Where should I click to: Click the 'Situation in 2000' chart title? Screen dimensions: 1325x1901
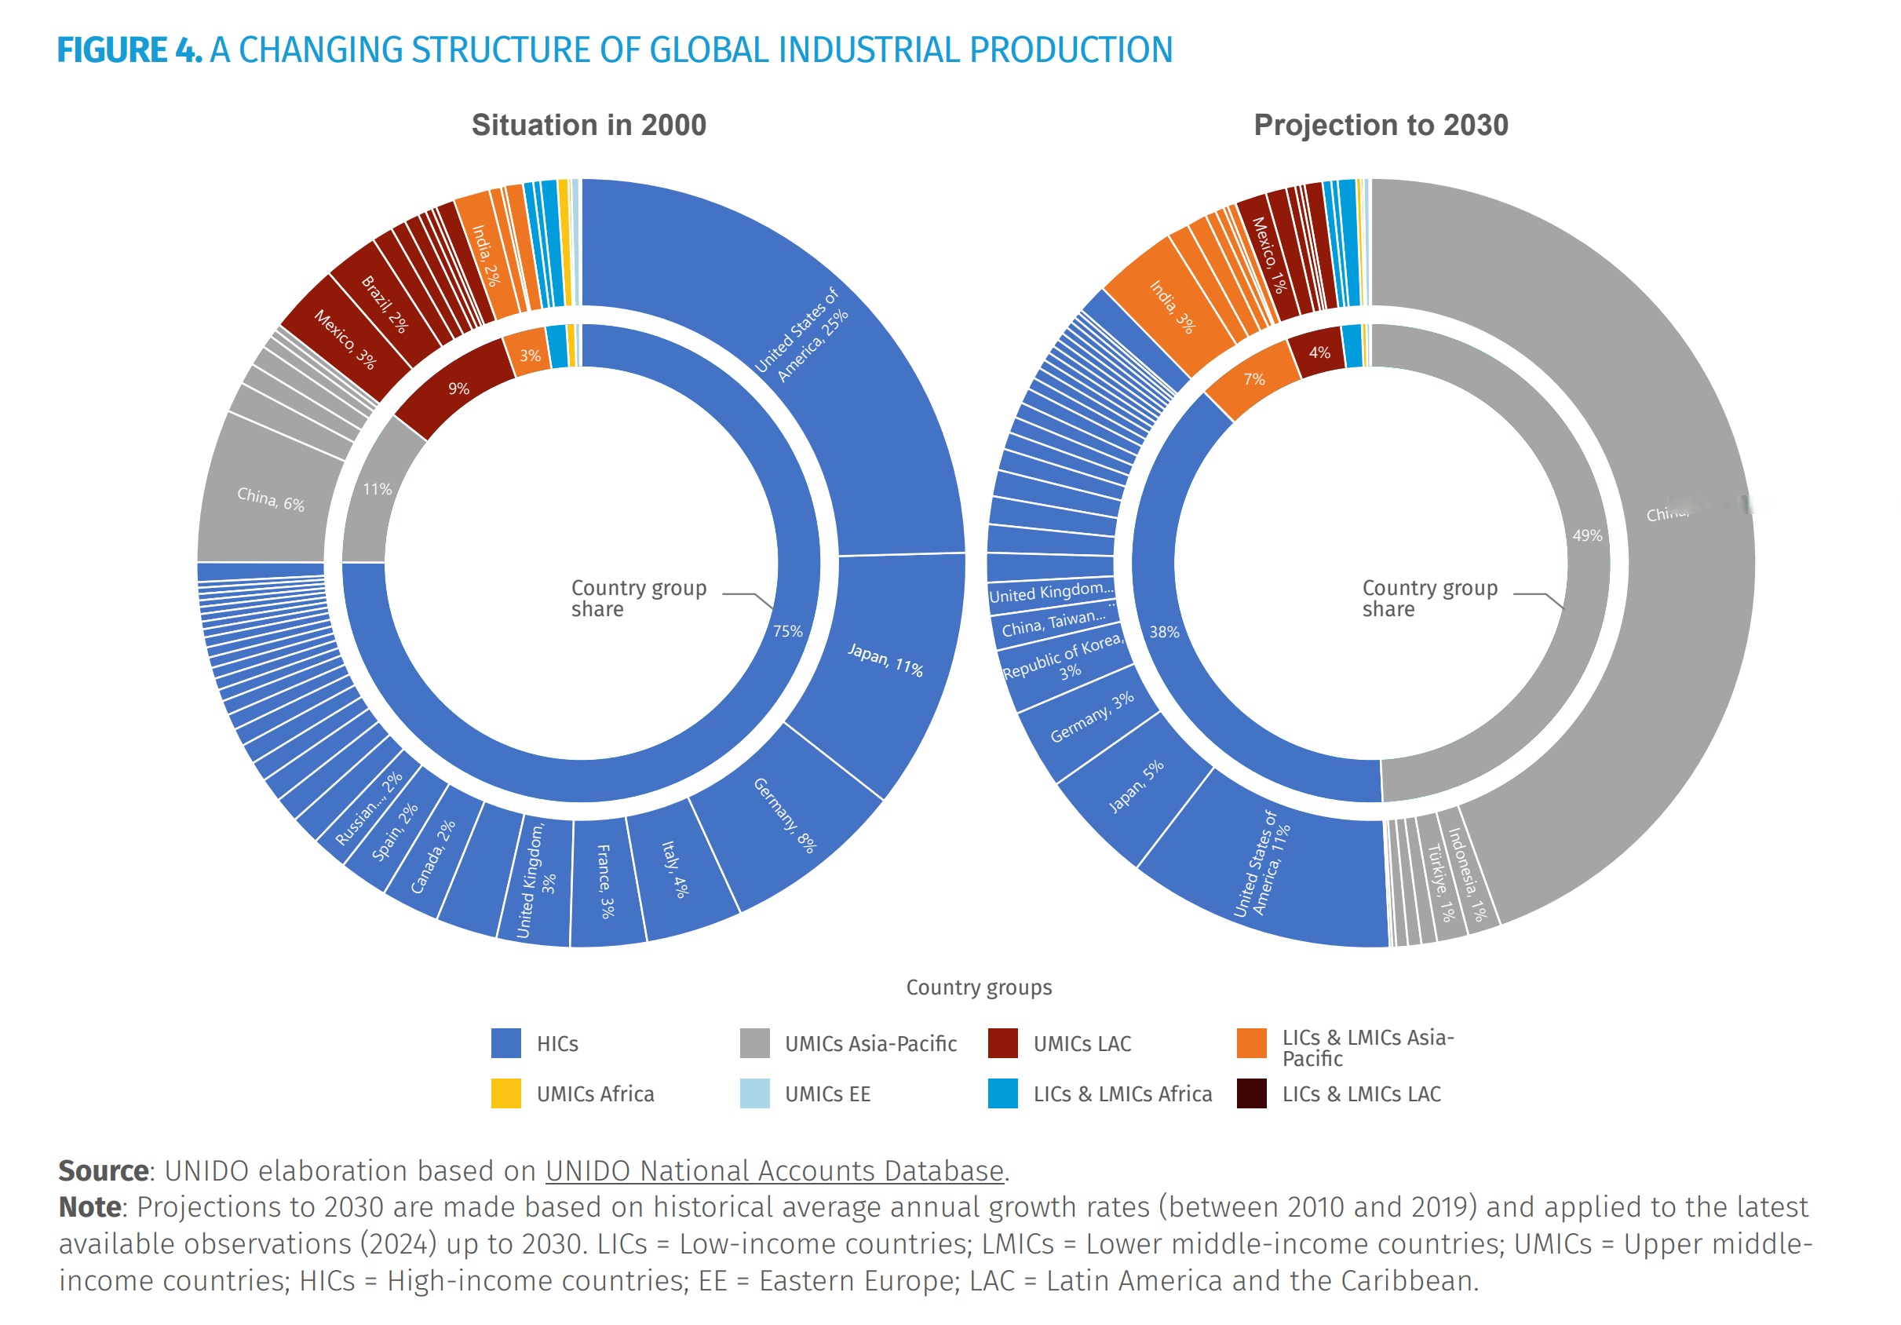coord(589,125)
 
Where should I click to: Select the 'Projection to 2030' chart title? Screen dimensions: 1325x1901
coord(1380,125)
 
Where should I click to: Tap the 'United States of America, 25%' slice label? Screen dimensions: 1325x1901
coord(801,334)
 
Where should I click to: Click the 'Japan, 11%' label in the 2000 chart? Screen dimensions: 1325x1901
coord(885,660)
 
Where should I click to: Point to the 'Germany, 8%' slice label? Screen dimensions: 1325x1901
coord(784,815)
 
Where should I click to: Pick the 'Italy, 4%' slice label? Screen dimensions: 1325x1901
coord(675,870)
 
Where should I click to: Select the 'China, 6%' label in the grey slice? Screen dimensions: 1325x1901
coord(271,499)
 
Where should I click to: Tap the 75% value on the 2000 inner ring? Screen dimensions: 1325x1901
coord(787,631)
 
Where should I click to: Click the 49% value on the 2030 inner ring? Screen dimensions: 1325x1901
coord(1587,536)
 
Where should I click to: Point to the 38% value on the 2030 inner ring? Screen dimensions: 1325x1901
coord(1164,632)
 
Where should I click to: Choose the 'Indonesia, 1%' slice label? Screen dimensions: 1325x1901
coord(1467,874)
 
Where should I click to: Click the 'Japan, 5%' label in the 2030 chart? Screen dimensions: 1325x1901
coord(1136,786)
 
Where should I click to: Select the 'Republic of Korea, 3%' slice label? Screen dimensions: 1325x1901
coord(1065,659)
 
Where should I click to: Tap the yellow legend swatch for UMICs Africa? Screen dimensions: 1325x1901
coord(506,1093)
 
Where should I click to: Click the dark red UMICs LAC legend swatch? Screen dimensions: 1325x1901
coord(1002,1043)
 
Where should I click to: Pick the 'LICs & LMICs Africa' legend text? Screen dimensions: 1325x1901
coord(1122,1094)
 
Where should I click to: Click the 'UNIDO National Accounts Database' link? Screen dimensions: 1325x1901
coord(774,1170)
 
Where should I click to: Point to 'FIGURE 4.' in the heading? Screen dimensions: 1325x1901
coord(130,49)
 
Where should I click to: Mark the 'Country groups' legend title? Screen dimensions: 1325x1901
coord(979,987)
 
